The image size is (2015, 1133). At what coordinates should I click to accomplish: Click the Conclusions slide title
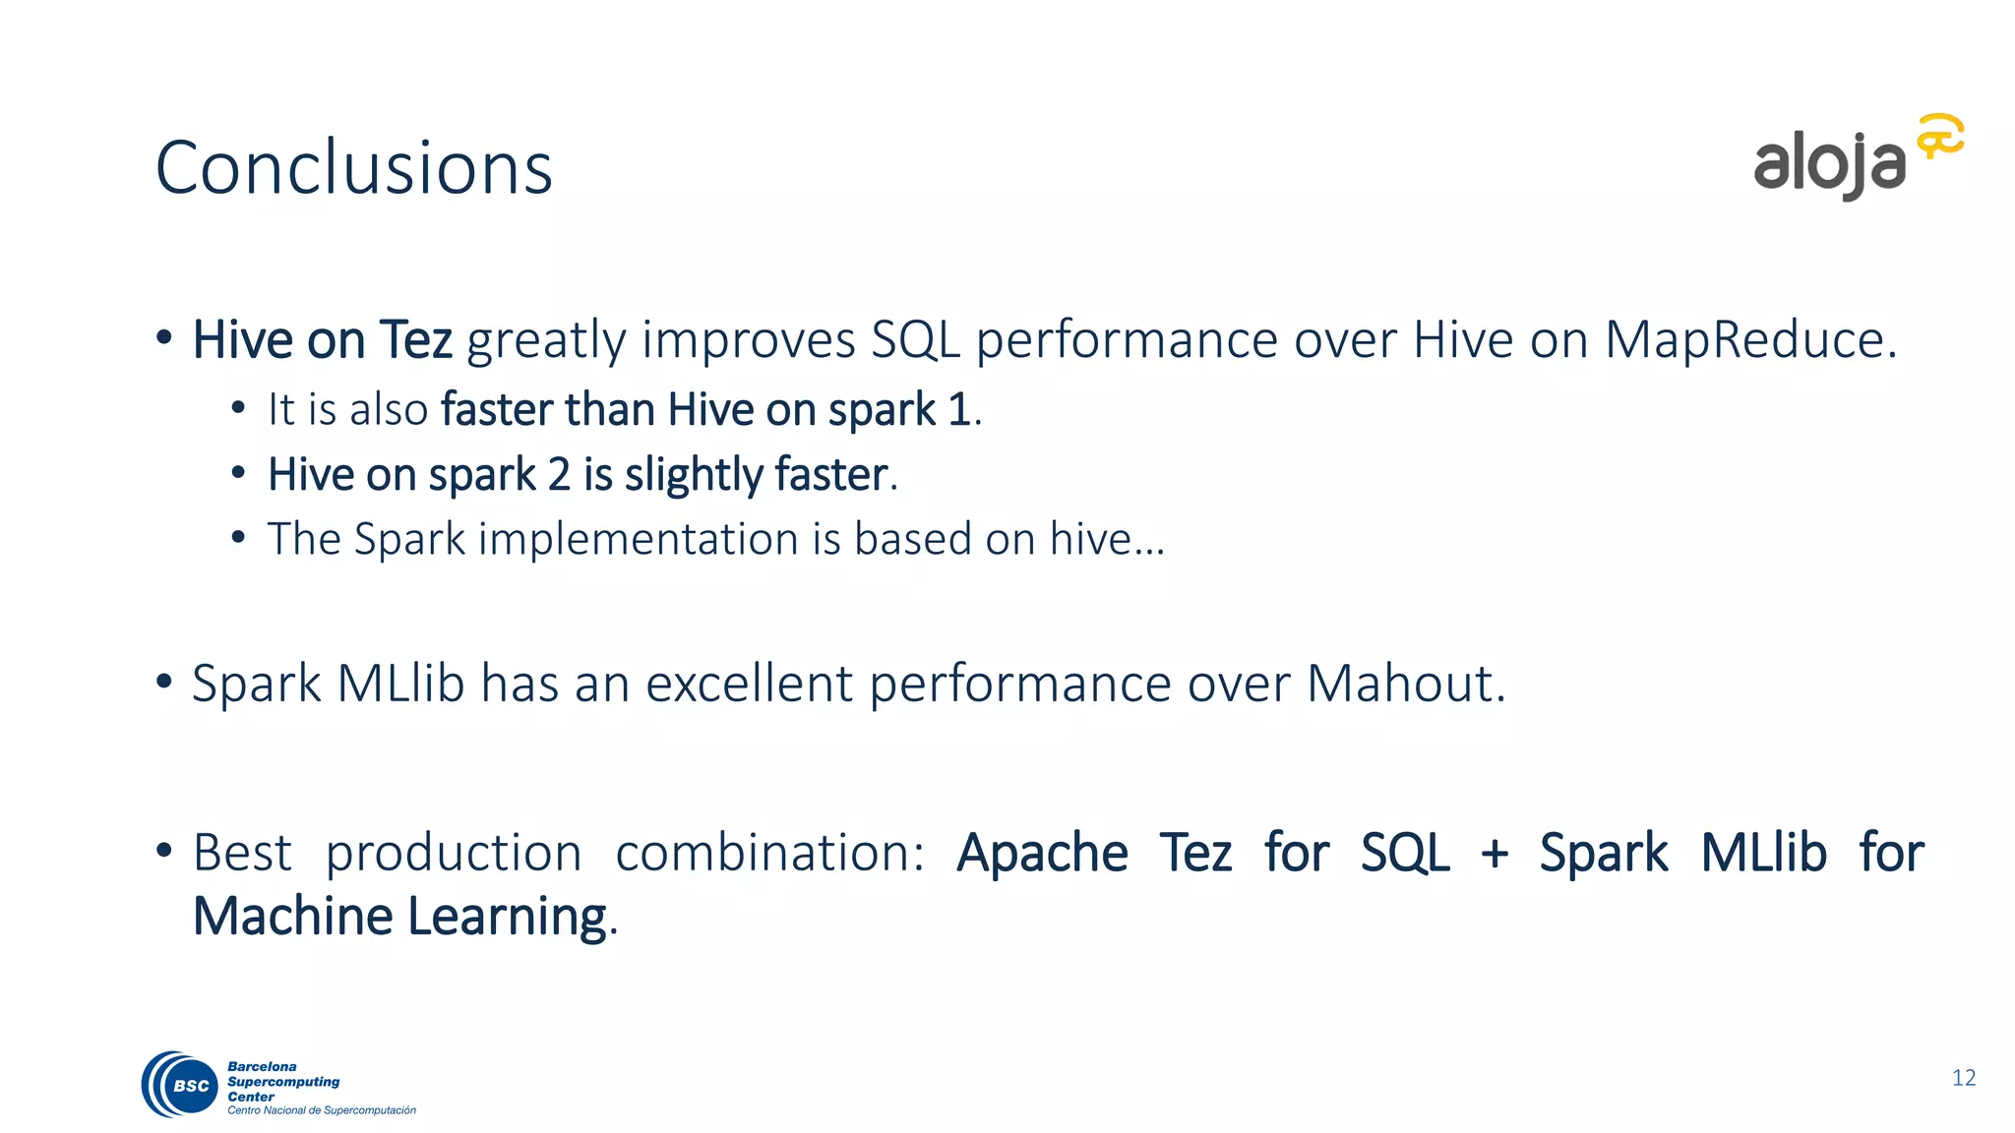(x=354, y=167)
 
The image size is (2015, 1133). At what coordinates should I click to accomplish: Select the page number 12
(x=1964, y=1078)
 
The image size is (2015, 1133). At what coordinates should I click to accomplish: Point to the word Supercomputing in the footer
(x=283, y=1082)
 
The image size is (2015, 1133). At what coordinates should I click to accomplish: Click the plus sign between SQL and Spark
(x=1494, y=853)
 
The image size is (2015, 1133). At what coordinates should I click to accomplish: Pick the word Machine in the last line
(x=292, y=917)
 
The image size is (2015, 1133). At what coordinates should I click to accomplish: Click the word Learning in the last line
(x=508, y=917)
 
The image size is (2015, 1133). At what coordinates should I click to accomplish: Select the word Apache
(x=1042, y=853)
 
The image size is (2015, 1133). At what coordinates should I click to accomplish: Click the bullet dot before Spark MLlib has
(x=164, y=681)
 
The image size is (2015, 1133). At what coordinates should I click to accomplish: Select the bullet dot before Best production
(x=164, y=850)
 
